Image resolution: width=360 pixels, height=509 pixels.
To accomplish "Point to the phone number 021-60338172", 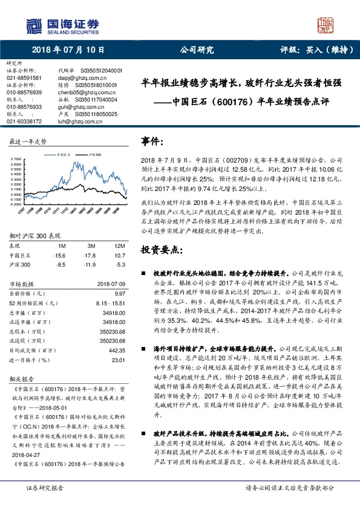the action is (x=24, y=122).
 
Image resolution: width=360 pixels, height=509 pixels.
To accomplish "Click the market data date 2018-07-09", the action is (x=110, y=284).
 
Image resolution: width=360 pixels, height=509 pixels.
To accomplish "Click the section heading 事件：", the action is (x=155, y=141).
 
